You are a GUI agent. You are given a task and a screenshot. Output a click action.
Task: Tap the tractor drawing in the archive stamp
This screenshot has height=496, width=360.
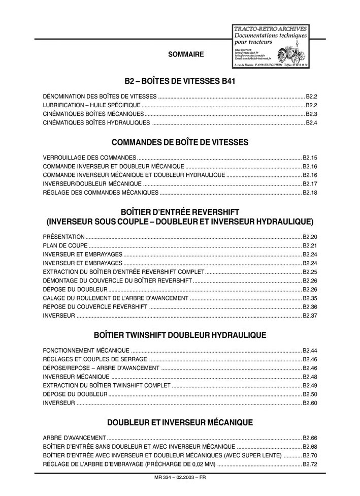click(290, 53)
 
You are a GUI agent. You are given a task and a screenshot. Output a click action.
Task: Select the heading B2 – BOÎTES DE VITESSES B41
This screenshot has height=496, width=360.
click(180, 81)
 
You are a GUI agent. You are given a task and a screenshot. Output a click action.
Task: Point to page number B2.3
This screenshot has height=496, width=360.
click(311, 114)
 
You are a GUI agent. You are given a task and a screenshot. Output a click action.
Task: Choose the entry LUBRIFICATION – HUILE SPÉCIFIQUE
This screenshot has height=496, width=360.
click(92, 105)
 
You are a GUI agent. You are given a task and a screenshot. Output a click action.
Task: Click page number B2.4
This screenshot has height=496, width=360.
click(311, 123)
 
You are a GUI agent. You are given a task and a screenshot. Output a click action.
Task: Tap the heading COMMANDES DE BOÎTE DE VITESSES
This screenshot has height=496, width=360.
click(180, 142)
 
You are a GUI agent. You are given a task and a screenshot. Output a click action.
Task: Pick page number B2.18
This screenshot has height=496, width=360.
click(310, 193)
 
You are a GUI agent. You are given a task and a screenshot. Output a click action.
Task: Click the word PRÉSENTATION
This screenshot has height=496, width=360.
click(64, 237)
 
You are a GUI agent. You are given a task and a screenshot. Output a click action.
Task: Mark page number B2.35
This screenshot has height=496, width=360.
click(310, 298)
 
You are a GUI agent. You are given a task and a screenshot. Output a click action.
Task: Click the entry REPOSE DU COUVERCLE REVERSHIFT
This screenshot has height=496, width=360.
click(95, 307)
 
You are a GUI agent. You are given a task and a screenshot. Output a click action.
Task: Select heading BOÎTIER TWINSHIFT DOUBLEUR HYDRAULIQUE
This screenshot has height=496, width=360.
click(180, 335)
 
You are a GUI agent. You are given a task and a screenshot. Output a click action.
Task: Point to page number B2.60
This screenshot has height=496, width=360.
click(310, 403)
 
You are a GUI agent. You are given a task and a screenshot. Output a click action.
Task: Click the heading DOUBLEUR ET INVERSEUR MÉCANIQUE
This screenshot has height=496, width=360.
click(180, 422)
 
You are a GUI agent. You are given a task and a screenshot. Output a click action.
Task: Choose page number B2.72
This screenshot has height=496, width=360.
click(310, 464)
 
